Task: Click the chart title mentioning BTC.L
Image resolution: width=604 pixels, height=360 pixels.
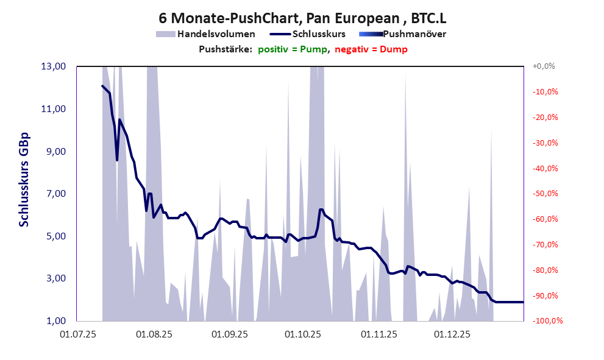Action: point(301,18)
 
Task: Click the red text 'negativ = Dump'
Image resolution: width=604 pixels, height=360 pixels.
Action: point(371,49)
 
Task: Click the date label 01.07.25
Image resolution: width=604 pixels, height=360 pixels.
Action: point(77,334)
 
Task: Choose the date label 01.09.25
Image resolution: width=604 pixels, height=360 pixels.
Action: point(229,334)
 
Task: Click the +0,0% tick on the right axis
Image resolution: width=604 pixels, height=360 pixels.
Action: point(544,66)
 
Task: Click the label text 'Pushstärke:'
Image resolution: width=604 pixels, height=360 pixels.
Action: point(225,49)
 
